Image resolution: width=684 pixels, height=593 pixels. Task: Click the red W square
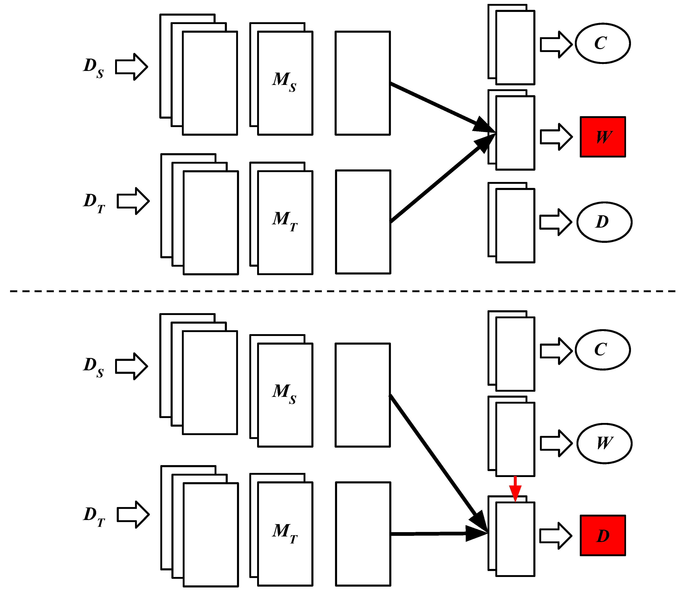click(603, 137)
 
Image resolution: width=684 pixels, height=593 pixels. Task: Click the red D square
click(603, 535)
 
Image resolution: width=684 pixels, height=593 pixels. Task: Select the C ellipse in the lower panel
click(603, 350)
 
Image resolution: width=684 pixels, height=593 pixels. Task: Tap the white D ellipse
click(604, 222)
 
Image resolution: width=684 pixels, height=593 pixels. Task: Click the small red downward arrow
click(515, 489)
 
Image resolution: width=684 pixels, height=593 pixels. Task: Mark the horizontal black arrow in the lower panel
click(437, 533)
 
